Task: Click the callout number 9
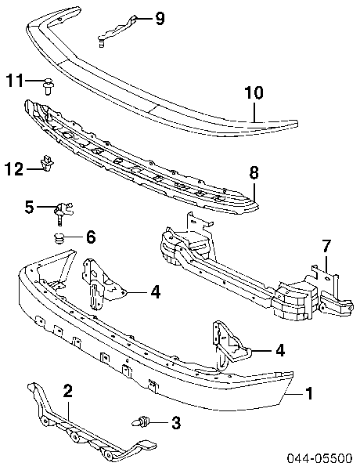(x=160, y=18)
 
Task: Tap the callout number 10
(x=254, y=92)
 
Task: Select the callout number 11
(x=15, y=80)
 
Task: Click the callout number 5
(x=30, y=207)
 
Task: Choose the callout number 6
(x=91, y=236)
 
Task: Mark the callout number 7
(x=326, y=248)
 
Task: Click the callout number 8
(x=254, y=173)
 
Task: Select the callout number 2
(x=68, y=391)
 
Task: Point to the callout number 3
(x=175, y=424)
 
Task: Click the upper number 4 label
(x=155, y=293)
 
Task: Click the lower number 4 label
(x=280, y=349)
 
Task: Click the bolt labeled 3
(x=142, y=423)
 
